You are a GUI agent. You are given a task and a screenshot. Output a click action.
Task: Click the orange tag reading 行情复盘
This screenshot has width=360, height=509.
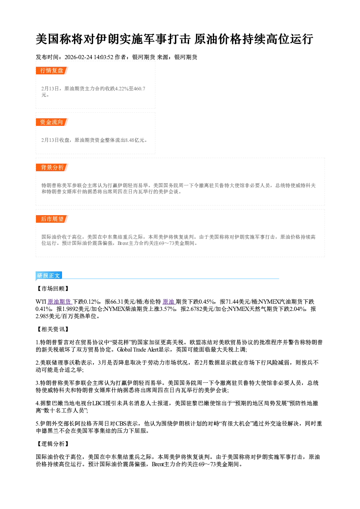tap(52, 70)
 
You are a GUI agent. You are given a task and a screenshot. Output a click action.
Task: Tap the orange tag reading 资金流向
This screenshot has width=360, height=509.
tap(52, 122)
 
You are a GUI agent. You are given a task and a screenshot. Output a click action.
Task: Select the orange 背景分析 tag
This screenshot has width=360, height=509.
tap(52, 168)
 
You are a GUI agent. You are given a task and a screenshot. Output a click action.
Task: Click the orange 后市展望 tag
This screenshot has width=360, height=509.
tap(52, 219)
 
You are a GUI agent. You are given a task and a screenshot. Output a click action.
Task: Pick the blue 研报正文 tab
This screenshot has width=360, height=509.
tap(49, 276)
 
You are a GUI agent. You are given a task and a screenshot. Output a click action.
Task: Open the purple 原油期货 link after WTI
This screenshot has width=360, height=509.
tap(60, 302)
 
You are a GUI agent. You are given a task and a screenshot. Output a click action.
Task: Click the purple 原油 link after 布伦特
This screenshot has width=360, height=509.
tap(168, 302)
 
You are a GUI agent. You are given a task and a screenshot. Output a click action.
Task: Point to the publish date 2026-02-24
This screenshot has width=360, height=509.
tap(78, 57)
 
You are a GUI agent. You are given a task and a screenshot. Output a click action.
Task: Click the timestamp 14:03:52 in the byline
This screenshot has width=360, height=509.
tap(103, 57)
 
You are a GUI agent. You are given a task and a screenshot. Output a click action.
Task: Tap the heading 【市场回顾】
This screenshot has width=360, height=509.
tap(53, 288)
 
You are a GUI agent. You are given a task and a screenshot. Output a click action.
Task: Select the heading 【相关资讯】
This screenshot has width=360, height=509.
tap(53, 329)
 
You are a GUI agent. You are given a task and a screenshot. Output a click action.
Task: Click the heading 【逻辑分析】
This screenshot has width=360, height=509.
tap(53, 444)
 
